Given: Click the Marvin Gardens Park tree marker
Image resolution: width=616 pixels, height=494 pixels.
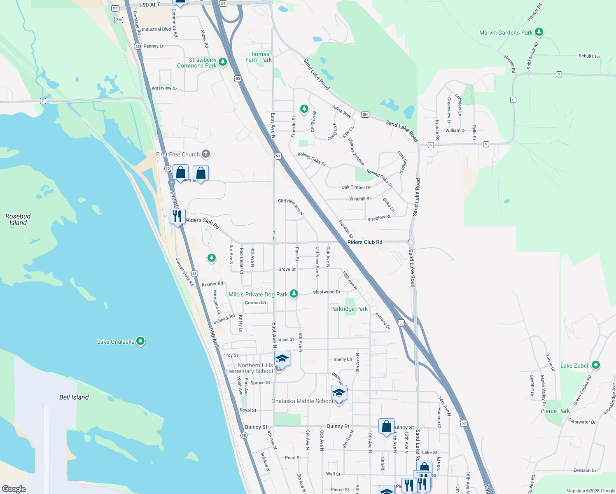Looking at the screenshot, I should [x=539, y=32].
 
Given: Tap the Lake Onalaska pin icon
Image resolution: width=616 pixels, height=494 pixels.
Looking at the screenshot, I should [x=140, y=341].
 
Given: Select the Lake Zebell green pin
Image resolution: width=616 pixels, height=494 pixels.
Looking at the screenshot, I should [x=595, y=365].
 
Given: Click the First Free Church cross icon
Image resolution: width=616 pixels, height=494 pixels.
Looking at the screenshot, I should [x=206, y=154].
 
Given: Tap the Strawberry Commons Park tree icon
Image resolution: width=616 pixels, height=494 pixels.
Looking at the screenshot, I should [x=223, y=62].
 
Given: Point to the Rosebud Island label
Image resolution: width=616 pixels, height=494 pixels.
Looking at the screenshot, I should [x=18, y=219].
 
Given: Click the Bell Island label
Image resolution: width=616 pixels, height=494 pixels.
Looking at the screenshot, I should [x=74, y=397].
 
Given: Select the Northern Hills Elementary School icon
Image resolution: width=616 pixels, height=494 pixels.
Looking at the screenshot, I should [x=282, y=359].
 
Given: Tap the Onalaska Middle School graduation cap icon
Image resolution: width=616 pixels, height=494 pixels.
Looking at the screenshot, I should [x=339, y=394].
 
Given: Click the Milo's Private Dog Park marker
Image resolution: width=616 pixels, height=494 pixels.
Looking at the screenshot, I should [x=294, y=294].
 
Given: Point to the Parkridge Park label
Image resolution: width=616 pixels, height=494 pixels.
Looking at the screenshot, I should [x=349, y=309].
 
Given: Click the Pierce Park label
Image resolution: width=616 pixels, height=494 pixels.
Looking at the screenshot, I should [x=555, y=411].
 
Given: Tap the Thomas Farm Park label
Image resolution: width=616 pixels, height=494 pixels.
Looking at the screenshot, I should [x=259, y=57].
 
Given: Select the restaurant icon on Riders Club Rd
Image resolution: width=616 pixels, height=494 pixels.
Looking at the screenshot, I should [x=177, y=216].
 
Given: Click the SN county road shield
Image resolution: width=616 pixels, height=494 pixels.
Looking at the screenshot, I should [x=365, y=114].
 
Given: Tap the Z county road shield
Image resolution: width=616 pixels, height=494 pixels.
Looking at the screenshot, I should [x=43, y=101].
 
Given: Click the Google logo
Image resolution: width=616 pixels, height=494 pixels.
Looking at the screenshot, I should [x=14, y=489].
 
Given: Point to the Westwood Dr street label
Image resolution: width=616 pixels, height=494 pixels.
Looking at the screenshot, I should [x=327, y=292].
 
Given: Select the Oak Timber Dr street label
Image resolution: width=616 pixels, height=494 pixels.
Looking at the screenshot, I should [x=356, y=187].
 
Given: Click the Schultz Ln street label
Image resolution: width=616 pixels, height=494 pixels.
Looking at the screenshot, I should [x=589, y=56].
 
